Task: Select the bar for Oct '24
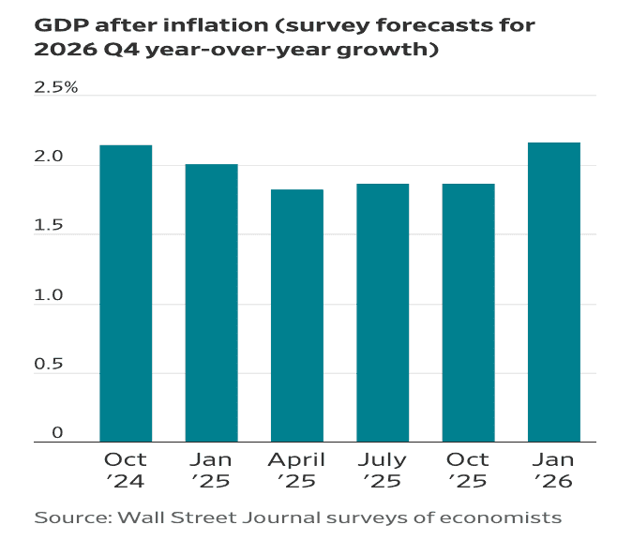(126, 293)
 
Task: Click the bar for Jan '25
(211, 303)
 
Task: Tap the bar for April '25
(296, 316)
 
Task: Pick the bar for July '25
(383, 313)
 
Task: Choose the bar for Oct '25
(468, 313)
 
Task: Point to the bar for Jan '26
(554, 292)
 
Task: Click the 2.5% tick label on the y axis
(57, 88)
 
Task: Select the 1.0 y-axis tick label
(51, 296)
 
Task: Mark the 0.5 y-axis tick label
(51, 366)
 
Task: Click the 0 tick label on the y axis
(57, 433)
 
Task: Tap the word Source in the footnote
(69, 517)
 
